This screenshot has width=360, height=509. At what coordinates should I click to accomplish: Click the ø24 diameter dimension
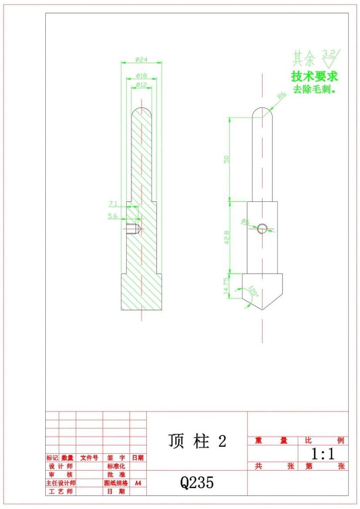pyautogui.click(x=142, y=60)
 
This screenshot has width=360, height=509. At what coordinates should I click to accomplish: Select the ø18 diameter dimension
pyautogui.click(x=142, y=76)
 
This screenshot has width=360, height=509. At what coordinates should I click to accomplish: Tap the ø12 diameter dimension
pyautogui.click(x=142, y=85)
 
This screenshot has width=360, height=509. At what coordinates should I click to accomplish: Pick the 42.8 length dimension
pyautogui.click(x=227, y=237)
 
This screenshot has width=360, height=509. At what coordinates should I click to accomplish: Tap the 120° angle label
pyautogui.click(x=253, y=292)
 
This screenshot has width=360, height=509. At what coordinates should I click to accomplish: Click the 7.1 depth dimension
pyautogui.click(x=112, y=203)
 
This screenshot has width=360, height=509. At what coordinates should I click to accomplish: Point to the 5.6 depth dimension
pyautogui.click(x=112, y=216)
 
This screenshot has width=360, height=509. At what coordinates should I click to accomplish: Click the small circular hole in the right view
pyautogui.click(x=262, y=228)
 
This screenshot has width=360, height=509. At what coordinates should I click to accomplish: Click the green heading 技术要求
pyautogui.click(x=314, y=77)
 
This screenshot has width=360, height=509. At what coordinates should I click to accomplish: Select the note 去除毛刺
pyautogui.click(x=314, y=90)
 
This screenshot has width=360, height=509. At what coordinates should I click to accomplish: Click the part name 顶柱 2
pyautogui.click(x=197, y=441)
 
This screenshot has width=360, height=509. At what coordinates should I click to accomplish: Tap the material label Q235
pyautogui.click(x=197, y=482)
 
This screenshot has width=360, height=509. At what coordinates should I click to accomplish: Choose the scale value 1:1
pyautogui.click(x=323, y=453)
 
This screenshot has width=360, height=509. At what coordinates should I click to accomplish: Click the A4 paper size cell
pyautogui.click(x=138, y=483)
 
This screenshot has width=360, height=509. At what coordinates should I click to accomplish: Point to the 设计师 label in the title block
pyautogui.click(x=60, y=466)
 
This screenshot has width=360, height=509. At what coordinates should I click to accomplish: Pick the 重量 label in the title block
pyautogui.click(x=271, y=440)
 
